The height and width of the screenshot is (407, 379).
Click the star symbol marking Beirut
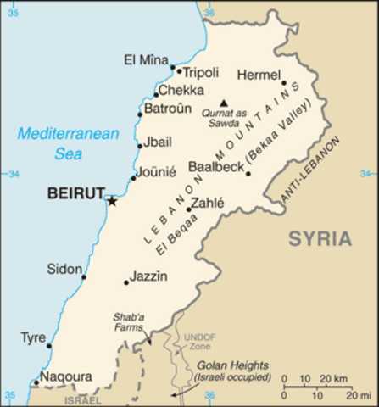111,201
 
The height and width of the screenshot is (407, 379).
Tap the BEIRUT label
75,193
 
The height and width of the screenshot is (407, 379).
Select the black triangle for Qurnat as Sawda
224,103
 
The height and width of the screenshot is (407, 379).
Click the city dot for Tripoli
179,71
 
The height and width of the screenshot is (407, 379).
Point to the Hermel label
259,74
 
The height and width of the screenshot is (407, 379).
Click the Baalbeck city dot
248,174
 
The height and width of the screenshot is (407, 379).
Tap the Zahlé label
207,203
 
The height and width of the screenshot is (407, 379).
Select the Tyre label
33,337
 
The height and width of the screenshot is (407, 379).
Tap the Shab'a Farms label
129,324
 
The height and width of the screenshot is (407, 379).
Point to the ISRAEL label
81,399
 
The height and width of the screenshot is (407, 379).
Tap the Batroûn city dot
140,114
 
